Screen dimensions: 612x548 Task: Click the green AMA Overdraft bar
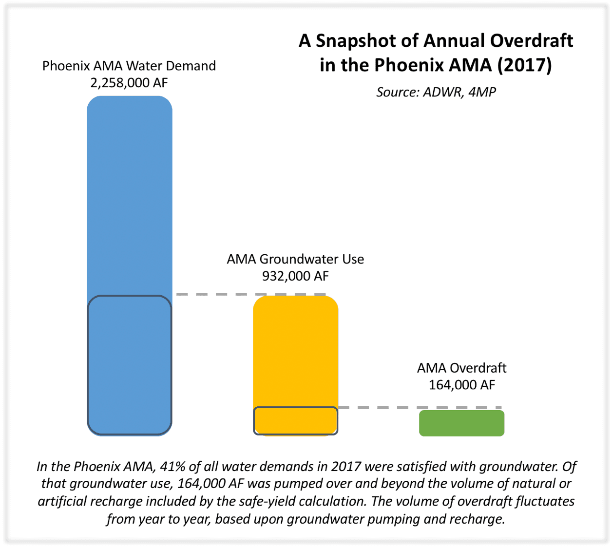pos(461,423)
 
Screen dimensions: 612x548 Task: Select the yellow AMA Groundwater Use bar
pos(295,366)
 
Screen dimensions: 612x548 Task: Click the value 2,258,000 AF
pos(129,83)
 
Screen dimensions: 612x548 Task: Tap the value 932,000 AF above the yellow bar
pos(295,276)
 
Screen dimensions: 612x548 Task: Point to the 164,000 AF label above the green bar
pos(461,385)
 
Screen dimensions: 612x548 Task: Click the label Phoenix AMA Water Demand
pos(129,66)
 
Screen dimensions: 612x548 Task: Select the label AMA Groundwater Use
pos(295,259)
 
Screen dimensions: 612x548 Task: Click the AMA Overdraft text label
pos(461,368)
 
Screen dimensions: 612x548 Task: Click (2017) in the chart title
pos(524,65)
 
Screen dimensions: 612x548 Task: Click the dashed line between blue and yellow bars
pos(251,294)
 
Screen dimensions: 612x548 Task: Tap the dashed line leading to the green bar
pos(420,408)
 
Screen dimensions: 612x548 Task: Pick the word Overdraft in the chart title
pos(531,41)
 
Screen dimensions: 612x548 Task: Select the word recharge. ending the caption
pos(477,519)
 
